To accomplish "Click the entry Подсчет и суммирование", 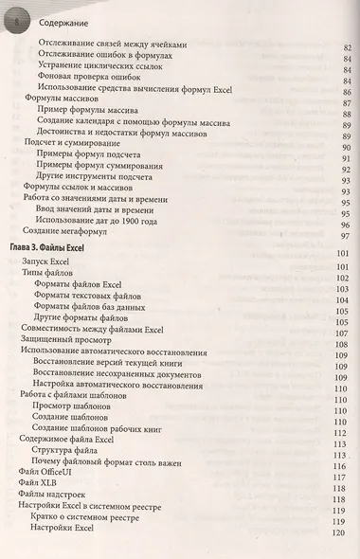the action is pyautogui.click(x=72, y=138).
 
